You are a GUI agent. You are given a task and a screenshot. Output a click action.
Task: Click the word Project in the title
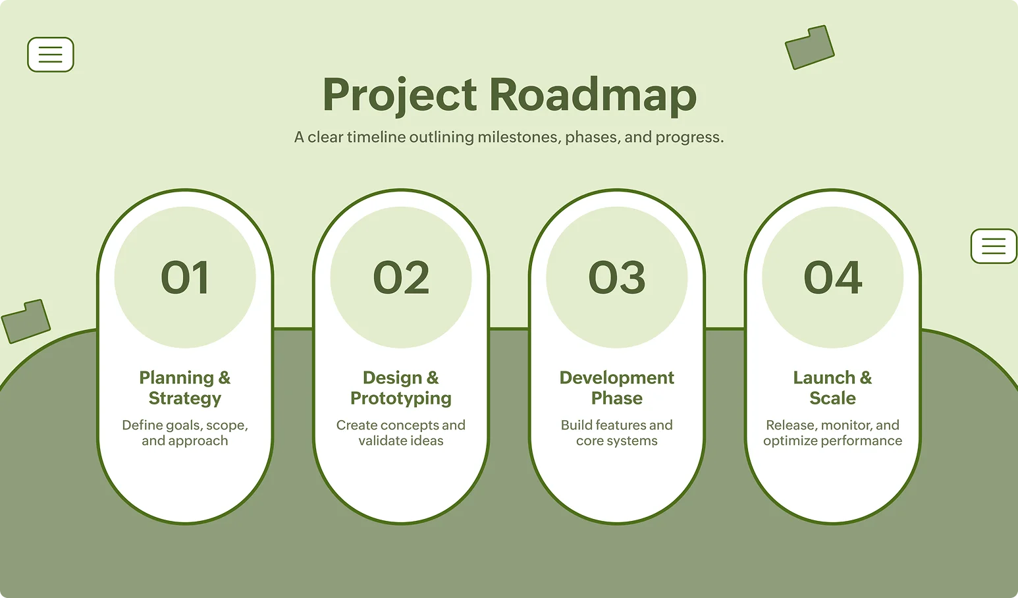tap(399, 95)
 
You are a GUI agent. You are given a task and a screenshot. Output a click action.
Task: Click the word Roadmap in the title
tap(593, 95)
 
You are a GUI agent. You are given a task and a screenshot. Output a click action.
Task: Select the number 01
tap(185, 277)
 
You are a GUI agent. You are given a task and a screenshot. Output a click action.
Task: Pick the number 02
tap(401, 277)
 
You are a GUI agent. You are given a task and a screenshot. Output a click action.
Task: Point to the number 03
tap(617, 277)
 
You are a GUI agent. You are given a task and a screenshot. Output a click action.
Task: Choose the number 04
tap(833, 277)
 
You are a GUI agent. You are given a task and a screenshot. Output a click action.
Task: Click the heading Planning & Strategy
tap(185, 388)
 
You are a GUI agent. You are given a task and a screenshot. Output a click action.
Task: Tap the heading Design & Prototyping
tap(401, 388)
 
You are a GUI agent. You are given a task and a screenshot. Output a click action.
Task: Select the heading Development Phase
tap(617, 388)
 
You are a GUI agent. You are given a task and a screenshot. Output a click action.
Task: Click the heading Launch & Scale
tap(833, 388)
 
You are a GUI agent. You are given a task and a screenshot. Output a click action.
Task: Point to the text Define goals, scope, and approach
tap(185, 433)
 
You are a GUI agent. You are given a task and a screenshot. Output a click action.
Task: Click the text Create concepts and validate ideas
tap(401, 433)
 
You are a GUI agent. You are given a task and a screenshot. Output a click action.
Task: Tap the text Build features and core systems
tap(617, 433)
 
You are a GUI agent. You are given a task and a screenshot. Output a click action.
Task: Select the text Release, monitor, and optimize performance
tap(833, 433)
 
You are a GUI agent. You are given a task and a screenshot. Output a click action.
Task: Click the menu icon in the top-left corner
tap(51, 55)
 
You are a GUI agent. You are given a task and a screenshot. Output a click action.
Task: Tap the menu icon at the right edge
tap(994, 246)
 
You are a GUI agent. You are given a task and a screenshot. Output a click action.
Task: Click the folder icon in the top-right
tap(810, 47)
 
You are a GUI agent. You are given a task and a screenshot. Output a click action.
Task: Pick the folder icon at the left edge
tap(26, 321)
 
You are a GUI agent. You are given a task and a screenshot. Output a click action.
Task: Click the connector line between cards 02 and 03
tap(509, 328)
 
